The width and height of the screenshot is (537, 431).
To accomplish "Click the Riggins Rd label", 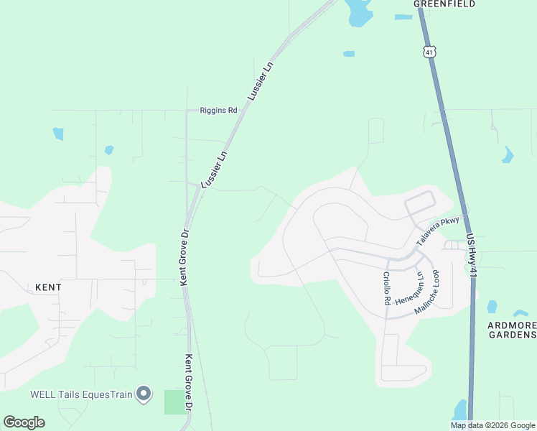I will pos(218,111).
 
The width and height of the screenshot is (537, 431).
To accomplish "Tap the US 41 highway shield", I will pos(429,51).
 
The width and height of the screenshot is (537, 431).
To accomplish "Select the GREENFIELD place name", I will pos(445,4).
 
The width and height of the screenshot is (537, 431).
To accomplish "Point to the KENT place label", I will pos(48,287).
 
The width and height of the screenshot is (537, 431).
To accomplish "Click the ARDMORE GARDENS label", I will pos(512,330).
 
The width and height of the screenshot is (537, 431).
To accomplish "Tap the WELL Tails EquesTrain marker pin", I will pos(144,394).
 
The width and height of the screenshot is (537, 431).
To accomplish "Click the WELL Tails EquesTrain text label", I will pos(82,394).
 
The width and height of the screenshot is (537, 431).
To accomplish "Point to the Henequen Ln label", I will pos(408,288).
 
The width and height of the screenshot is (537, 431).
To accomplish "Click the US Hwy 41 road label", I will pos(471,256).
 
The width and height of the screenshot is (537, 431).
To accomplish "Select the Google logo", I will pos(24,422).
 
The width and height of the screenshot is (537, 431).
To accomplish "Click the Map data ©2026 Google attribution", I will pos(492,425).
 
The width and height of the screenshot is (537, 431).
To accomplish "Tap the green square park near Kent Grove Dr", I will pos(174,402).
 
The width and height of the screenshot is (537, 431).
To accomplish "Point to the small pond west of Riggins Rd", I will pos(57,134).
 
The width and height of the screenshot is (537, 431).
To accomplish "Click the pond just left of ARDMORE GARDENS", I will pos(492,307).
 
